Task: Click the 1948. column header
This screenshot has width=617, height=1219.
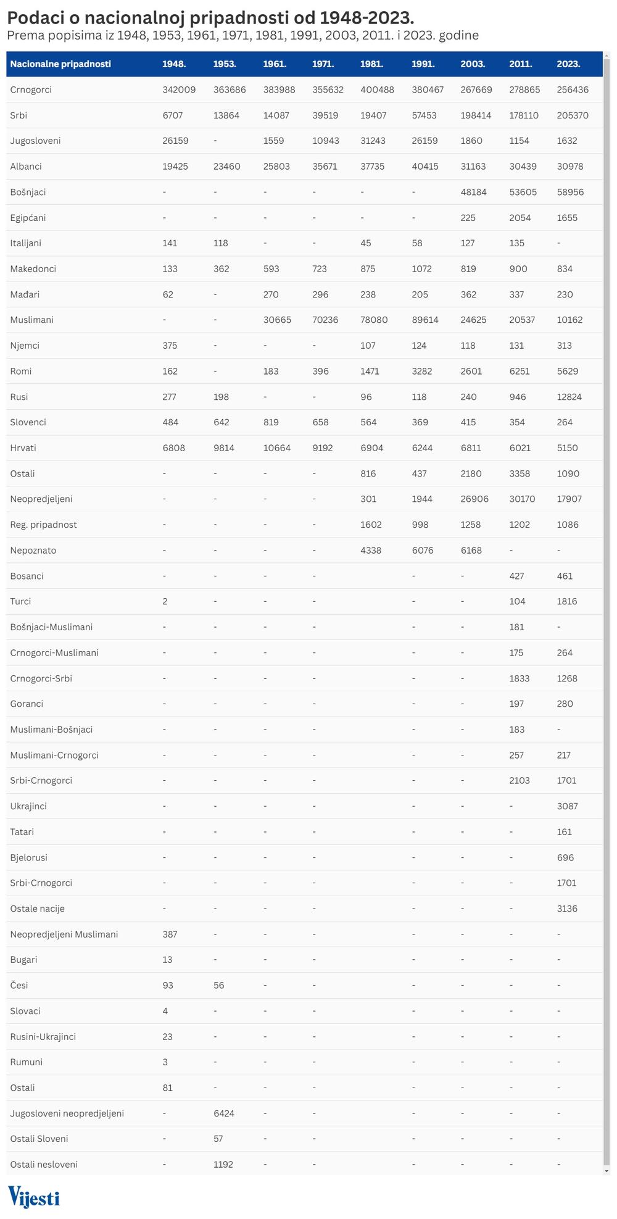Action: (x=174, y=64)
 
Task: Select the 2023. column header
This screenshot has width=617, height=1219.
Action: (x=568, y=64)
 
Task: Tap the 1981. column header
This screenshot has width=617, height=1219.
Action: (x=371, y=64)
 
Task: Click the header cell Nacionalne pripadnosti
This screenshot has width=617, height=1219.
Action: (x=60, y=64)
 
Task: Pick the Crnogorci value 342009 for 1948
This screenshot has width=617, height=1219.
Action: (x=179, y=90)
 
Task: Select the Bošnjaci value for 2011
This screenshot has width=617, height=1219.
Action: (x=523, y=192)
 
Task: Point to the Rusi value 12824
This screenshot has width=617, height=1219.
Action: (x=569, y=397)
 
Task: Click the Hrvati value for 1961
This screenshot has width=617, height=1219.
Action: (x=276, y=448)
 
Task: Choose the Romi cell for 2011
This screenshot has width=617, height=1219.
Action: (x=520, y=372)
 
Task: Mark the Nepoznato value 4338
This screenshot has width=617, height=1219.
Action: (x=371, y=551)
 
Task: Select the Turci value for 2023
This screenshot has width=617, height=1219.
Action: (x=566, y=602)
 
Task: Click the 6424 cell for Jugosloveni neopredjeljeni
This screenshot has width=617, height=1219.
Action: (x=223, y=1113)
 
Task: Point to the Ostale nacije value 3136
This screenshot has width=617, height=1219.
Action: (x=566, y=909)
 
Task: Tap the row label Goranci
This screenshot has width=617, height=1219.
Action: (x=27, y=704)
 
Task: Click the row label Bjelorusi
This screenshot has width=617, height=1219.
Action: (x=28, y=857)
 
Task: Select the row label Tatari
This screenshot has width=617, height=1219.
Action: (x=22, y=832)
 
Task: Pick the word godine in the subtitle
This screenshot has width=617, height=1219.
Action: (x=458, y=35)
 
